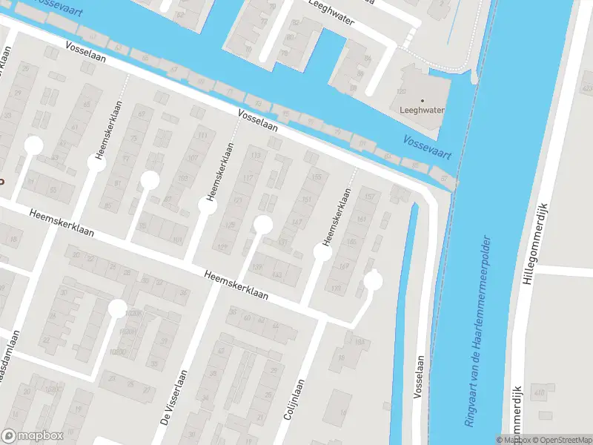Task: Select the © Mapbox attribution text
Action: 513,440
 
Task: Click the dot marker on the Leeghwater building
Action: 423,100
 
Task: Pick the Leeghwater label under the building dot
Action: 422,110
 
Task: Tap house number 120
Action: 402,91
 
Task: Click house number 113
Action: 256,155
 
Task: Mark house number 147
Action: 297,222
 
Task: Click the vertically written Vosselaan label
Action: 420,376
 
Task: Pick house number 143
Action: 277,275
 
